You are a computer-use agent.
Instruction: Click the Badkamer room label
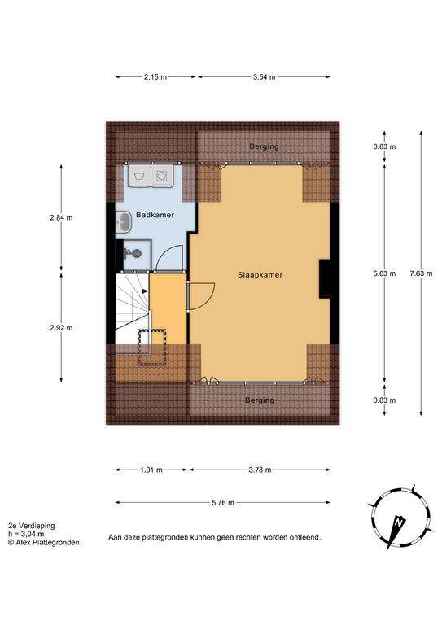(155, 215)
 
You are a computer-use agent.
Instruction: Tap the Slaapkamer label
(260, 274)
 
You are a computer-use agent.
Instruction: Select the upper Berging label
(264, 146)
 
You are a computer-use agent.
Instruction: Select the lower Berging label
(260, 400)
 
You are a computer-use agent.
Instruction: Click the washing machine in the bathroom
(139, 176)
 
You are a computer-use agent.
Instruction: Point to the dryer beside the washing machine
(162, 176)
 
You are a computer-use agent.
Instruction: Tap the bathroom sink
(124, 221)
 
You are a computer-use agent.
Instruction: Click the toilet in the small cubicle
(132, 253)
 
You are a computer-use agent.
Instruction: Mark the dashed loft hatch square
(152, 347)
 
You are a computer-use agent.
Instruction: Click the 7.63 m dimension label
(421, 273)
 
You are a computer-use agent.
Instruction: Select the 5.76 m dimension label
(223, 503)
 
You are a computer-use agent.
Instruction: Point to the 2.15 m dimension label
(155, 77)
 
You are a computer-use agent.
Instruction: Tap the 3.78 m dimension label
(260, 470)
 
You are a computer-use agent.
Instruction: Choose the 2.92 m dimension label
(61, 328)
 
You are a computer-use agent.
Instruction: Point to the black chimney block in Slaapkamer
(325, 278)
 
